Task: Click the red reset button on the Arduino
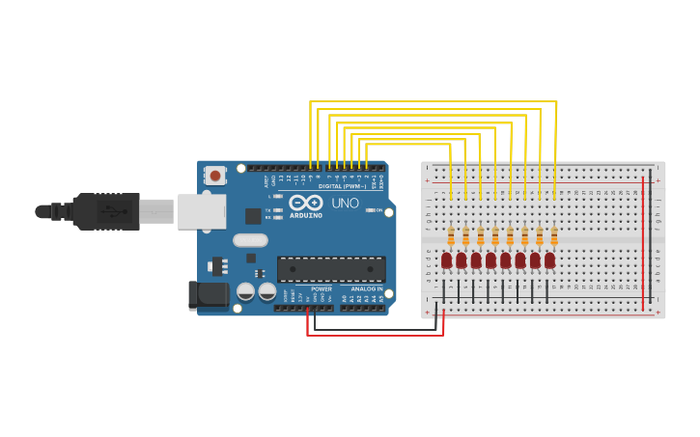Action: point(214,176)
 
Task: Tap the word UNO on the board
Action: point(345,204)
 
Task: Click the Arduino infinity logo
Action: point(305,203)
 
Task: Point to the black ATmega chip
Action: point(331,269)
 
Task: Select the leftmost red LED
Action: point(446,259)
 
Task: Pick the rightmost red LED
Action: point(549,259)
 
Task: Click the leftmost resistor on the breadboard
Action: point(451,235)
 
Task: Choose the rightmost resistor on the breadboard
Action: point(554,235)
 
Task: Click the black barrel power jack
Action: point(208,295)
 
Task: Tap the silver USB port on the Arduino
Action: point(201,211)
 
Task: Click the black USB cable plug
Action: point(106,211)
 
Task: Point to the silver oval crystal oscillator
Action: point(249,240)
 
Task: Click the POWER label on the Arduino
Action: point(322,288)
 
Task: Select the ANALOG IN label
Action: point(366,288)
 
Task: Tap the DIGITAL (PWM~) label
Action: point(343,185)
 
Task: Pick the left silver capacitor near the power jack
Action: point(246,290)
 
